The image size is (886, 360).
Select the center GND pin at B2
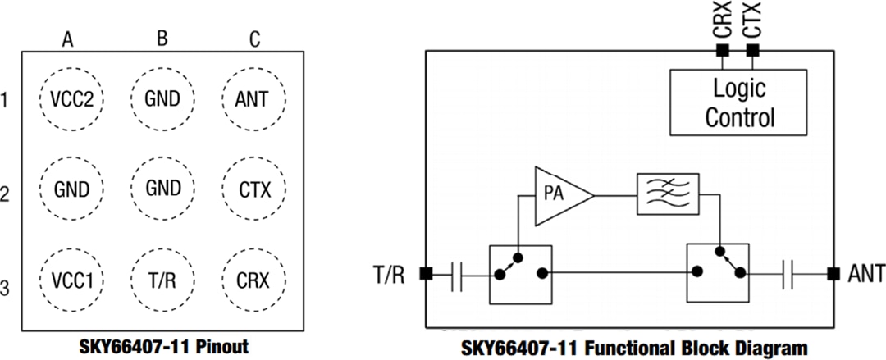pyautogui.click(x=162, y=190)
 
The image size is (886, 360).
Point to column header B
pyautogui.click(x=162, y=39)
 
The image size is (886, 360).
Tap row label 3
pyautogui.click(x=6, y=289)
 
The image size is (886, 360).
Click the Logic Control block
pyautogui.click(x=738, y=102)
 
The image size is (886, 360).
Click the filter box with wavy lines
pyautogui.click(x=667, y=194)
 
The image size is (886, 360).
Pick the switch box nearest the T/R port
pyautogui.click(x=520, y=273)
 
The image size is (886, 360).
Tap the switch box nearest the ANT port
pyautogui.click(x=718, y=273)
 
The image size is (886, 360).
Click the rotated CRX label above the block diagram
pyautogui.click(x=722, y=20)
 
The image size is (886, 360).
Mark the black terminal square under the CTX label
pyautogui.click(x=752, y=51)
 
